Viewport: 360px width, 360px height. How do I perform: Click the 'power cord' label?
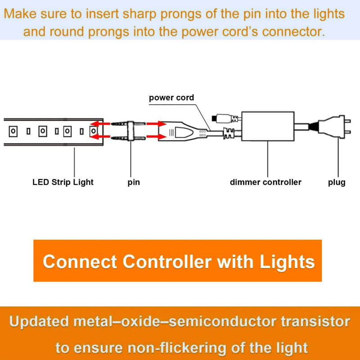click(171, 98)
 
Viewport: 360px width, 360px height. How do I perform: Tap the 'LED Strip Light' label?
click(63, 182)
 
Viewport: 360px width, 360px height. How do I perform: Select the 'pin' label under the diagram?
click(134, 182)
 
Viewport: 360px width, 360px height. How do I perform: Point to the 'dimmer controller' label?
click(265, 182)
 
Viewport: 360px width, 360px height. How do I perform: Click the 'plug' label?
click(337, 182)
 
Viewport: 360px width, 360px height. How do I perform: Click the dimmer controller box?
click(268, 126)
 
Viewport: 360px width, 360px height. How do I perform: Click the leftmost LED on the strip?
click(13, 131)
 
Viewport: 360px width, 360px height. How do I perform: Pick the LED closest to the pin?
click(94, 131)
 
